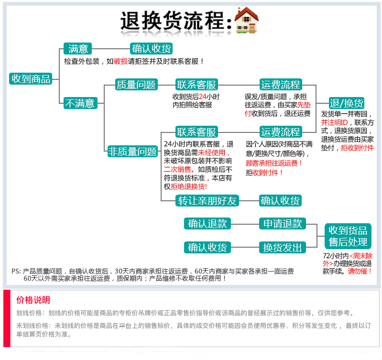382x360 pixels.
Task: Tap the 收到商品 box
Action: point(31,79)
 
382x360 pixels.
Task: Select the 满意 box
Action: point(77,49)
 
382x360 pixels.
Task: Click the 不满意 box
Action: point(80,103)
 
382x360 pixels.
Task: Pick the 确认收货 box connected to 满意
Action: point(151,49)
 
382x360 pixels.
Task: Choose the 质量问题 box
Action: point(136,85)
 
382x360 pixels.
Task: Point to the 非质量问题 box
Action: point(132,152)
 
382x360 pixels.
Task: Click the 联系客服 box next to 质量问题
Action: point(196,85)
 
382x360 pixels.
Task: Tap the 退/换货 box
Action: point(347,103)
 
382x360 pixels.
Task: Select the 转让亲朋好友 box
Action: point(207,201)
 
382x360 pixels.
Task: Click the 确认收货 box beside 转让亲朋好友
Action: point(280,201)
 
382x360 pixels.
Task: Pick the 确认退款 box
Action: point(207,223)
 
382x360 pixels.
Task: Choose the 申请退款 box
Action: point(283,223)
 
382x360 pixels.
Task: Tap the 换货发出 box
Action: point(283,247)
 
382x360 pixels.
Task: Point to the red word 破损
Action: point(120,61)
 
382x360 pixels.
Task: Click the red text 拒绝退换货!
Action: point(189,186)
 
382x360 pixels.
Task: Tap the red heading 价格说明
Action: point(33,300)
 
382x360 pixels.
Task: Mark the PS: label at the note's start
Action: point(16,271)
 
